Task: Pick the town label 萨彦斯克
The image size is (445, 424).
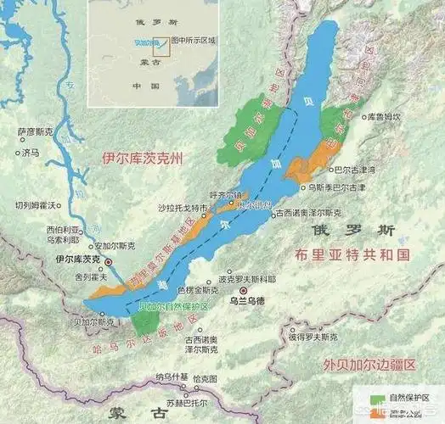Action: click(35, 132)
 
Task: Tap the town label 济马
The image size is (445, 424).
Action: click(31, 153)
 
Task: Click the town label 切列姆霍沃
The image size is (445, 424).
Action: click(35, 205)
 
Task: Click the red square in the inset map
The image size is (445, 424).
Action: click(163, 42)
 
